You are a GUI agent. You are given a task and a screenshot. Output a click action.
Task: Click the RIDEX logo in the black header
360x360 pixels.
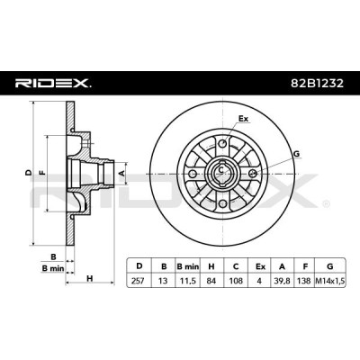coord(53,83)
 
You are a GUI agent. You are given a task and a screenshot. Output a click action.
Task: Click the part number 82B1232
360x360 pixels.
coord(317,83)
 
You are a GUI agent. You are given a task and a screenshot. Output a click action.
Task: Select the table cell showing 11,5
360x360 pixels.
coord(188,281)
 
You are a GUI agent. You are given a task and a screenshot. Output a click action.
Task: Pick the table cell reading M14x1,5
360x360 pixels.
coord(330,281)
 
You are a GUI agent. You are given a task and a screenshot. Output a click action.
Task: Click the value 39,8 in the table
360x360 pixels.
coord(282,281)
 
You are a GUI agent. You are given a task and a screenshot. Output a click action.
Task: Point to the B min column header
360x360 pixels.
coord(188,266)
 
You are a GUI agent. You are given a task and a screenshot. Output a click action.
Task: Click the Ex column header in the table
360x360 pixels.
coord(260,266)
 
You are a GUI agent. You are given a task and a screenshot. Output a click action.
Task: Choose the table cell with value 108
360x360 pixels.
coord(236,281)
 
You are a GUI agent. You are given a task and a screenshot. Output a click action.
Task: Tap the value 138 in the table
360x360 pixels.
coord(304,281)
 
